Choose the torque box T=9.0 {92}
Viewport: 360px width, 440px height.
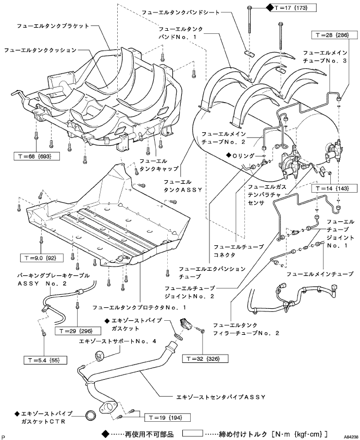pyautogui.click(x=38, y=257)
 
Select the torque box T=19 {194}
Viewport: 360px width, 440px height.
pyautogui.click(x=162, y=418)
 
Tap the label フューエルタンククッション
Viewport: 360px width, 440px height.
pyautogui.click(x=41, y=51)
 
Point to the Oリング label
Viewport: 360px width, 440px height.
pyautogui.click(x=245, y=155)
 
